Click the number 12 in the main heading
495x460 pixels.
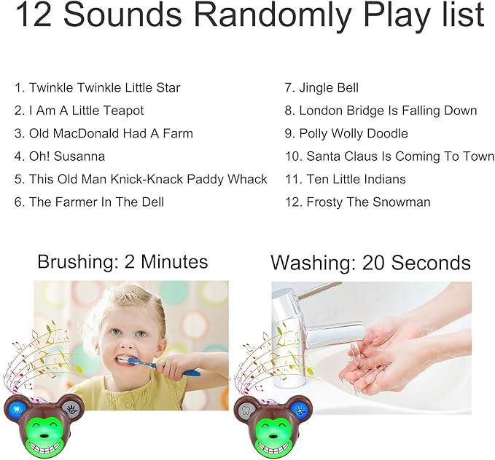point(34,15)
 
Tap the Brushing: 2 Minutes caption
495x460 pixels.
point(122,262)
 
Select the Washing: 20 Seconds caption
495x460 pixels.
point(370,262)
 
